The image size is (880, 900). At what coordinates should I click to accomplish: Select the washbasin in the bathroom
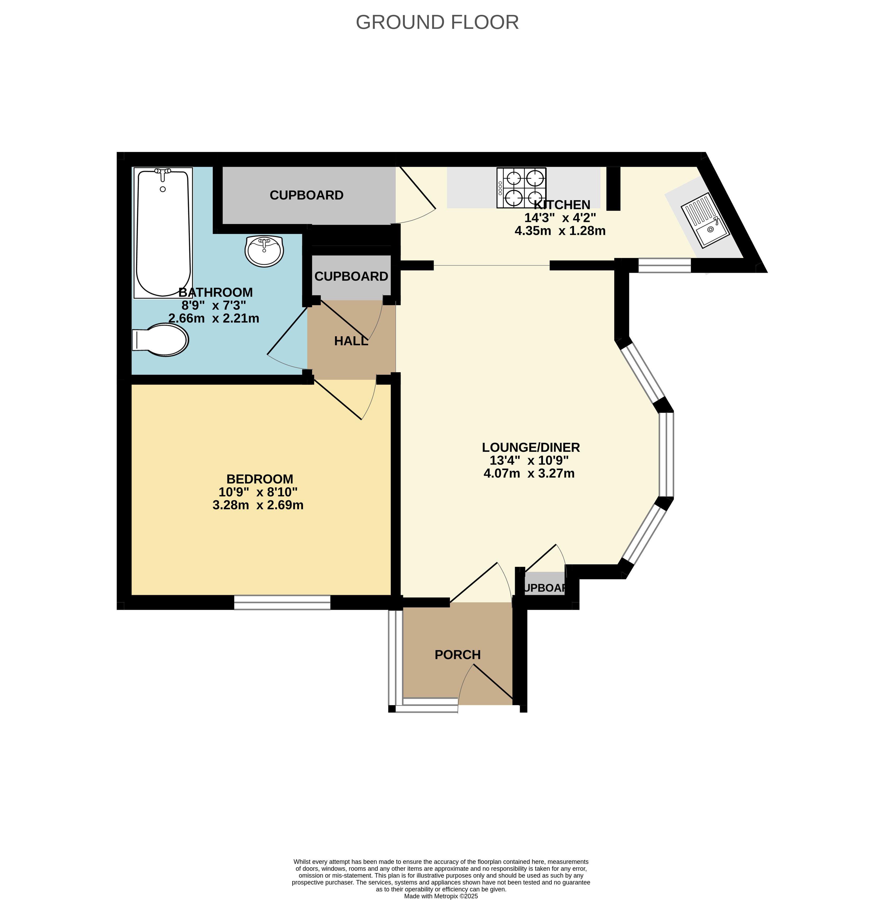264,251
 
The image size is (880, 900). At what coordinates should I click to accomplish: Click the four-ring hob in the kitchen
521,188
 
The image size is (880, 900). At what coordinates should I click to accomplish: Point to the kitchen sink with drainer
705,220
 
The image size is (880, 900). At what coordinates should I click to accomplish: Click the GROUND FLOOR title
437,22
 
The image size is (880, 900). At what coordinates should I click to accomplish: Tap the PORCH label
457,655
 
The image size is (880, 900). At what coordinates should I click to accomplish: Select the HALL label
351,341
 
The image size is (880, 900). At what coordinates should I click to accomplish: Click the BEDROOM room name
260,479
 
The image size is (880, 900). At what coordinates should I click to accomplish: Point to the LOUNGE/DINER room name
531,447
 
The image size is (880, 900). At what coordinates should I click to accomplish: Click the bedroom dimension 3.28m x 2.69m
258,505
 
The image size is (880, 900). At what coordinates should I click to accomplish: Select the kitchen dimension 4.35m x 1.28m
560,231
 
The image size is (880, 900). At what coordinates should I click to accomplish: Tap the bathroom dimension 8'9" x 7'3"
214,305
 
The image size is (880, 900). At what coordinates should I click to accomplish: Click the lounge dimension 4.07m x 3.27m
529,473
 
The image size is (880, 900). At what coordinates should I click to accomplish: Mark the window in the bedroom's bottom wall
282,602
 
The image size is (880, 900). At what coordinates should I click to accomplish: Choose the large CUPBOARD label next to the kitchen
306,195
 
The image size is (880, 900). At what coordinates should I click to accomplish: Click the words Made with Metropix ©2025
441,896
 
